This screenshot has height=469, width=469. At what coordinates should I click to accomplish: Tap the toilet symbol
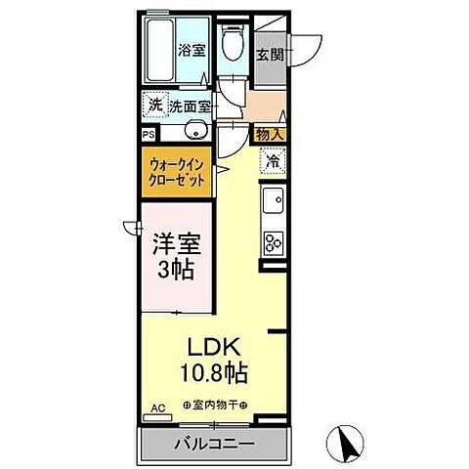(233, 44)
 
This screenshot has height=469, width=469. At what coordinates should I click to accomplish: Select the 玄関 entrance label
(271, 56)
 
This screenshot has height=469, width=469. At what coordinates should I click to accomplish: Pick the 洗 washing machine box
(154, 105)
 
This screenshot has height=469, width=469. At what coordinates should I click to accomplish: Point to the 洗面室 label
(190, 106)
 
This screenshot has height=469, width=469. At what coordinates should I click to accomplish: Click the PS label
(149, 134)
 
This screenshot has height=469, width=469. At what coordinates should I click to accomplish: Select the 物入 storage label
(271, 134)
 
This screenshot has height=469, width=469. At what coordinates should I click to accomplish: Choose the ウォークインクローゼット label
(178, 174)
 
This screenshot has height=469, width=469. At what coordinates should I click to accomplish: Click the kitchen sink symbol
(273, 203)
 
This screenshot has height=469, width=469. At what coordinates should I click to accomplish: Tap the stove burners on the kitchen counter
(273, 242)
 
